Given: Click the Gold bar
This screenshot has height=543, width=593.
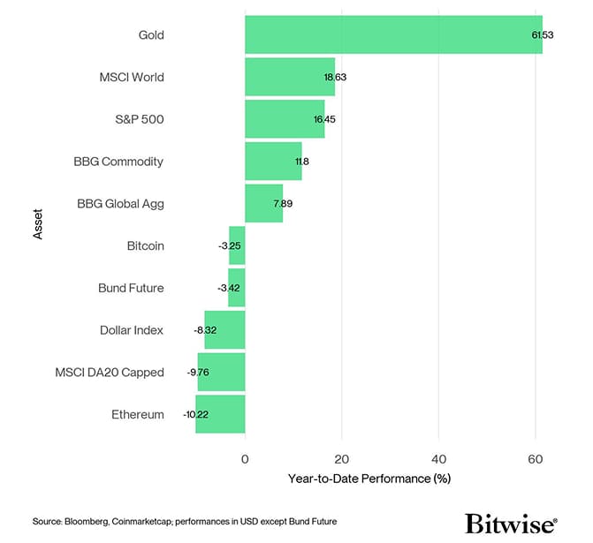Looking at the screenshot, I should pos(393,34).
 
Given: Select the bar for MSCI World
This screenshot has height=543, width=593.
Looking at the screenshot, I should pos(290,77).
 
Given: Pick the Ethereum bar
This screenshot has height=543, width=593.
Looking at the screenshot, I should pos(220,414).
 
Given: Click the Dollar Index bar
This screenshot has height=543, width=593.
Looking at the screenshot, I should pos(224,330).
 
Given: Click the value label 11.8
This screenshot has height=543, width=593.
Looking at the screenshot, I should pos(302,162).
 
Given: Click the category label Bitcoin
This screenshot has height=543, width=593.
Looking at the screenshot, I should pos(145,245).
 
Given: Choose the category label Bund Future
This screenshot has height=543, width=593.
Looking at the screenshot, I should pos(131,288).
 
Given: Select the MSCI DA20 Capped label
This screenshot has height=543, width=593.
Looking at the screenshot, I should pos(109,373).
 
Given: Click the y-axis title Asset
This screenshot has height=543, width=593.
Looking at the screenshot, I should pos(37,224).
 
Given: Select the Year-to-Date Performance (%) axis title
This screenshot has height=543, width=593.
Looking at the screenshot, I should pos(369,479).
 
